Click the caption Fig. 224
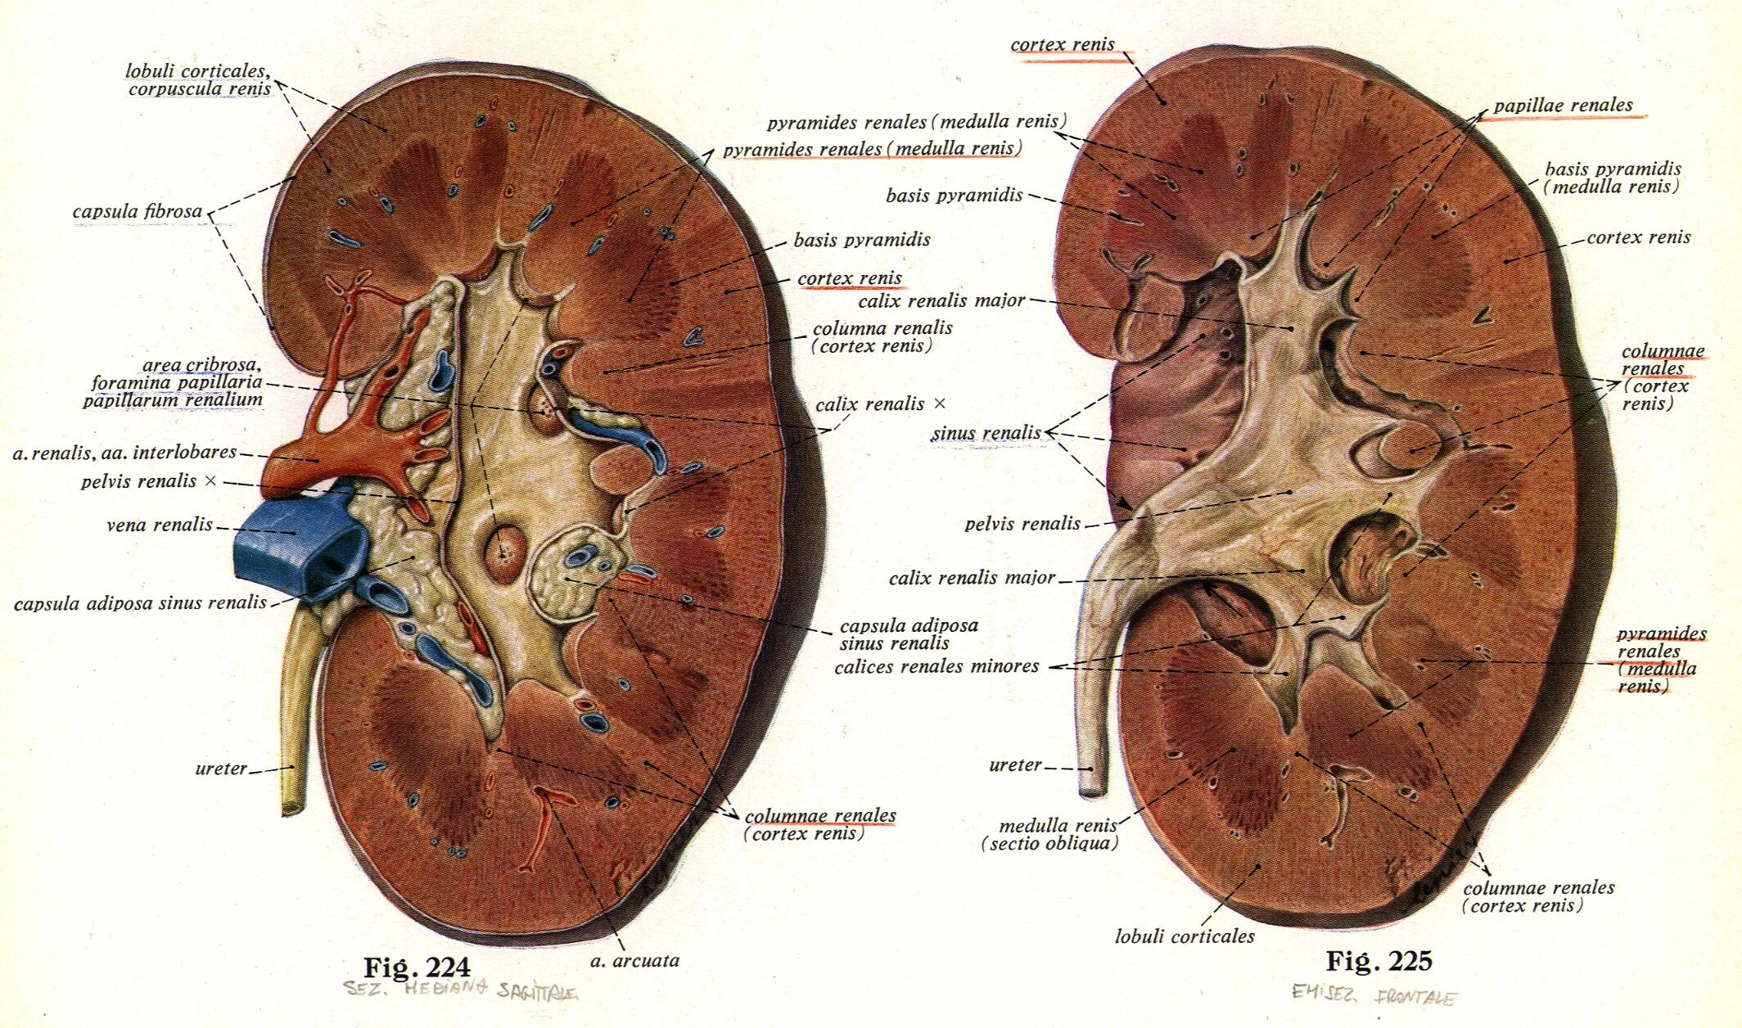coord(417,967)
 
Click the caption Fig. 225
coord(1379,960)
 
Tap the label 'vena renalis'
coord(160,525)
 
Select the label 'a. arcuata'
coord(634,961)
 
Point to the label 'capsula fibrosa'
coord(137,211)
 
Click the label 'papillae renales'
coord(1563,106)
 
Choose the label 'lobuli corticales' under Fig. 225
coord(1184,936)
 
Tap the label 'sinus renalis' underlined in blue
coord(986,433)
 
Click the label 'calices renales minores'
coord(936,666)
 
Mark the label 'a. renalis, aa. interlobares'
coord(124,452)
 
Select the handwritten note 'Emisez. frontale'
coord(1374,995)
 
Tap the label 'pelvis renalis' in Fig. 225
coord(1022,524)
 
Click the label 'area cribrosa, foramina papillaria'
coord(176,382)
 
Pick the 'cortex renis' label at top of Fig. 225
coord(1062,45)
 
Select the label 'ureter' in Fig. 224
coord(220,769)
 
